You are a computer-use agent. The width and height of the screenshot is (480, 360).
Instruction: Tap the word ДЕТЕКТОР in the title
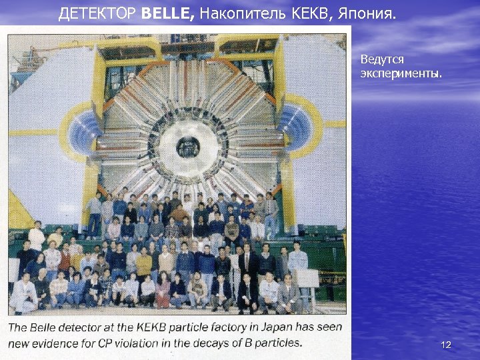pyautogui.click(x=98, y=13)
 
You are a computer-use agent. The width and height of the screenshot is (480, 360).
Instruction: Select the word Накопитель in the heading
pyautogui.click(x=243, y=13)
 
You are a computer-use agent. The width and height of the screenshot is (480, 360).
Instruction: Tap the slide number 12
pyautogui.click(x=446, y=345)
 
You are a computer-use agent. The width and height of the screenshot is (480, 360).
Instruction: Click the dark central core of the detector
pyautogui.click(x=188, y=145)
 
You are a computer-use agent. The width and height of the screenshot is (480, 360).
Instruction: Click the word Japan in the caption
pyautogui.click(x=250, y=327)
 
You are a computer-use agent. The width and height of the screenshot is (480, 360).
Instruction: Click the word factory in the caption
pyautogui.click(x=213, y=327)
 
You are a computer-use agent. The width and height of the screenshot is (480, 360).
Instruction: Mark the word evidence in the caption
pyautogui.click(x=64, y=343)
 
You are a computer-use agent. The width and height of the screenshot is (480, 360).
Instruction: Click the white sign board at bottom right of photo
pyautogui.click(x=308, y=278)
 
